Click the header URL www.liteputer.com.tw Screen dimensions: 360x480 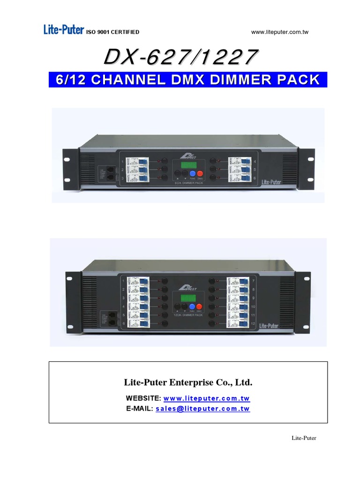pyautogui.click(x=280, y=32)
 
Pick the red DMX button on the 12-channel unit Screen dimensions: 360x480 pyautogui.click(x=199, y=307)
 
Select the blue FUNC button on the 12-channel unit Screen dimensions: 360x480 pyautogui.click(x=192, y=307)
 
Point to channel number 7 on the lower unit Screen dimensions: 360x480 pyautogui.click(x=253, y=281)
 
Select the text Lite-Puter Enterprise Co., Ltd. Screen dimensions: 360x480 pyautogui.click(x=188, y=382)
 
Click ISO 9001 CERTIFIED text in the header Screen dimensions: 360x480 pyautogui.click(x=112, y=32)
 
